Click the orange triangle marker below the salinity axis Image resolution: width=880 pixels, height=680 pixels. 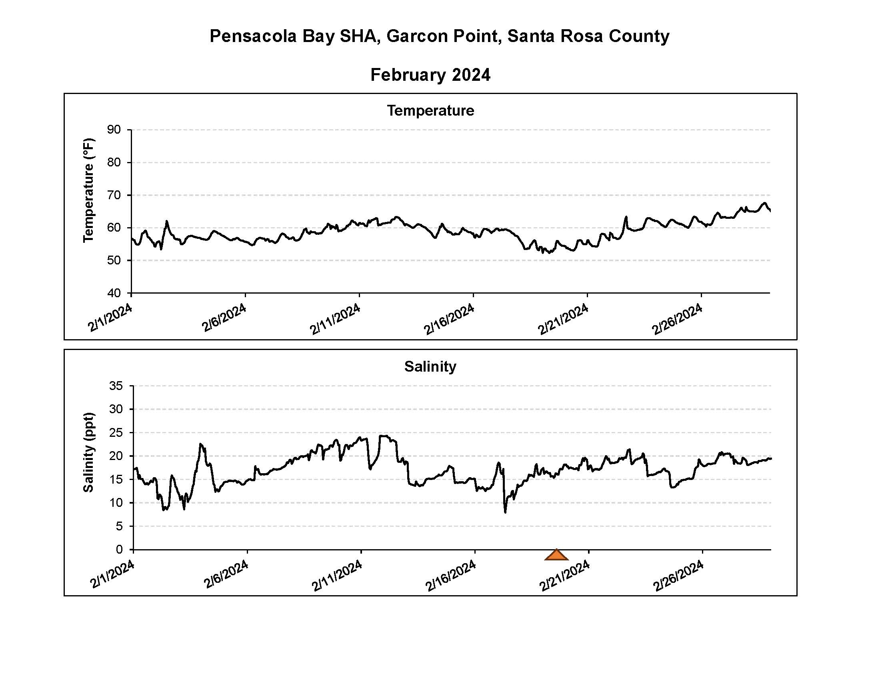(x=556, y=555)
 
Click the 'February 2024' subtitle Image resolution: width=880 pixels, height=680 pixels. (x=430, y=75)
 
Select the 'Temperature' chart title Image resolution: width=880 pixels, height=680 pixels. (x=430, y=110)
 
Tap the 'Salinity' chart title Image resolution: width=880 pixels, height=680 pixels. (x=430, y=366)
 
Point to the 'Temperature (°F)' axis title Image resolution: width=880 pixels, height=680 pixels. (x=88, y=190)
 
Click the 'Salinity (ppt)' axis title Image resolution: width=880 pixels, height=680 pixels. (x=88, y=452)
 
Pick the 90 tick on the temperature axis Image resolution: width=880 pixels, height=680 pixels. (x=114, y=130)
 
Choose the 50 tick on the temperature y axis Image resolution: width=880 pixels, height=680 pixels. (x=114, y=260)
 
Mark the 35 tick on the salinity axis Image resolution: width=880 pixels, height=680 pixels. (x=116, y=386)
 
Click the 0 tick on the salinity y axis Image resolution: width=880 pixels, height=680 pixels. (x=119, y=550)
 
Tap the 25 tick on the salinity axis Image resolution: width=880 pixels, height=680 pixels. (x=116, y=433)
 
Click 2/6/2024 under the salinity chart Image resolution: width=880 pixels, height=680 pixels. (x=226, y=574)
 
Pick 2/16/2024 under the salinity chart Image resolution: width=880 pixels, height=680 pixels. (x=450, y=575)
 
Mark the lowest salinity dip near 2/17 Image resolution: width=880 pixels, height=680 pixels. (x=505, y=512)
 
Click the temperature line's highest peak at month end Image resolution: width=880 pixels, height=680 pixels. (x=764, y=203)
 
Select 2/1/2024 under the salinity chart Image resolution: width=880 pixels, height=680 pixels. (x=112, y=574)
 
